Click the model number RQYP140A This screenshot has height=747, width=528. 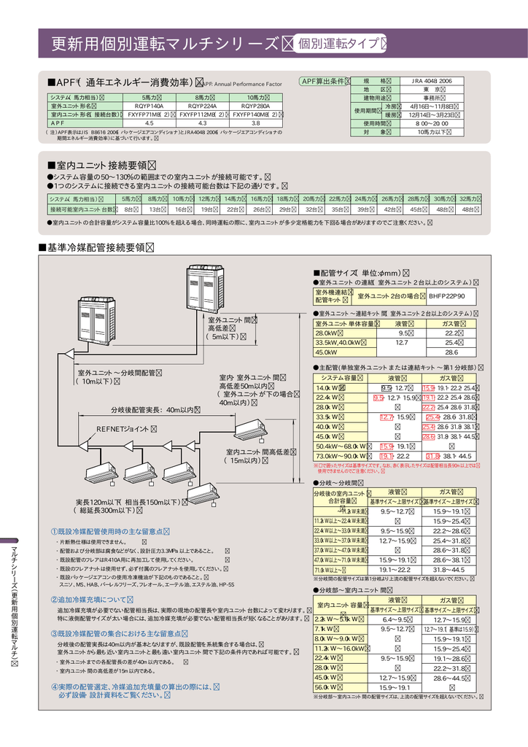coord(149,106)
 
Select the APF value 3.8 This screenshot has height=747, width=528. coord(256,123)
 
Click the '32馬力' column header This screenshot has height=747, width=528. coord(468,198)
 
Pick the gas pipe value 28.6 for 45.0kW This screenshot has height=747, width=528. coord(451,352)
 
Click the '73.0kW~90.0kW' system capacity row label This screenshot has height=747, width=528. coord(343,455)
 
